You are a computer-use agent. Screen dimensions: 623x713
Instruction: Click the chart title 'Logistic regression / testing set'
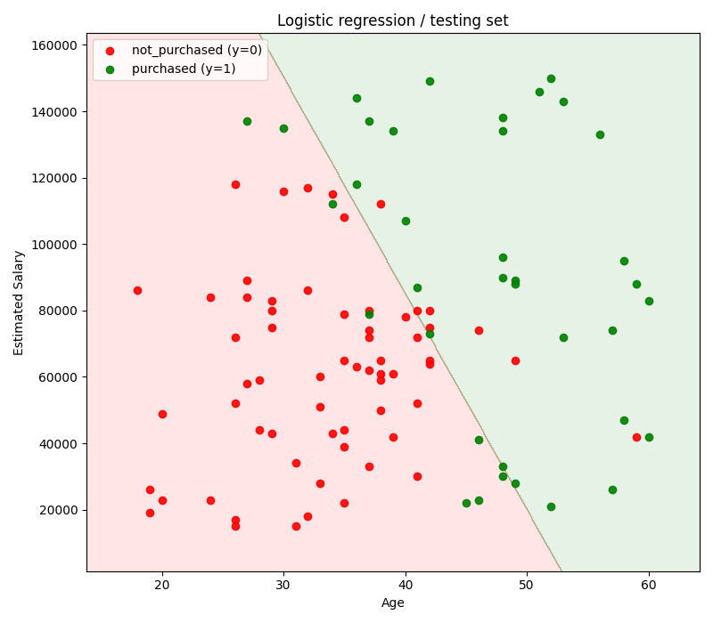(392, 20)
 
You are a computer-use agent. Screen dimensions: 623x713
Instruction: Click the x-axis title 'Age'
(392, 603)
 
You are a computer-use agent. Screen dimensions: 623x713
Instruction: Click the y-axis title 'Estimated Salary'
(20, 303)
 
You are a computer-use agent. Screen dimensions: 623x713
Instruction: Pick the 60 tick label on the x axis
(649, 585)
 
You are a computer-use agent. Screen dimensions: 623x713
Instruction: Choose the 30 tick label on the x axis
(283, 585)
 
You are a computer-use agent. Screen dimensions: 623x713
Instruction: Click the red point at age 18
(137, 290)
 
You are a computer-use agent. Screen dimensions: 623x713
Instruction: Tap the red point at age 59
(636, 437)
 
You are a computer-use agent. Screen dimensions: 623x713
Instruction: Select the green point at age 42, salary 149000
(430, 81)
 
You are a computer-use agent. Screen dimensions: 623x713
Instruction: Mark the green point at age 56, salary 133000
(600, 134)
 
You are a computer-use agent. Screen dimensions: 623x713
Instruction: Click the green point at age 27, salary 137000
(247, 121)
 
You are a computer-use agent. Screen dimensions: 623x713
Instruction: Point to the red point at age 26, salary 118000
(235, 184)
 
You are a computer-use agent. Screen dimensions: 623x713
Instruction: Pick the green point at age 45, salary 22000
(466, 503)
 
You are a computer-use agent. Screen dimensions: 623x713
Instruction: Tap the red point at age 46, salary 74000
(479, 330)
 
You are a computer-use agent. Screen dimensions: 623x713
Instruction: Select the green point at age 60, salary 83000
(649, 301)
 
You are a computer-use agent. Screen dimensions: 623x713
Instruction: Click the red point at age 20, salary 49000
(162, 414)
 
